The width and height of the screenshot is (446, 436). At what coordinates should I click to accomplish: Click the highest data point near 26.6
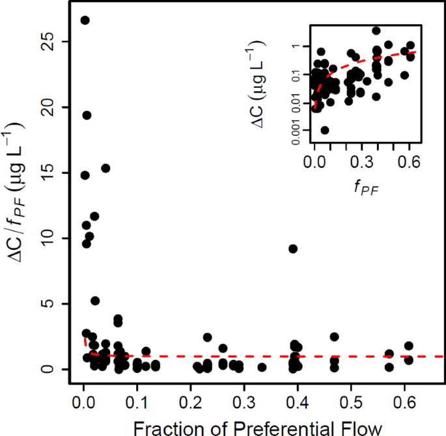tap(85, 20)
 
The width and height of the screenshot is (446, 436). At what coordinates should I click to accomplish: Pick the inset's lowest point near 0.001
tap(325, 130)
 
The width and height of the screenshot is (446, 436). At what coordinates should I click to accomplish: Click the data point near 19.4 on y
tap(87, 115)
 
